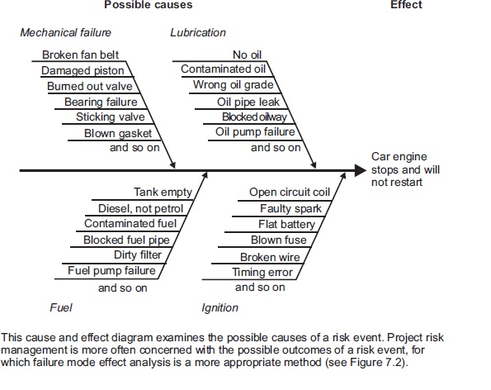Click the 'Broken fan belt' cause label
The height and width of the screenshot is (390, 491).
point(81,55)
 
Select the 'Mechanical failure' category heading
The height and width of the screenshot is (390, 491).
point(65,32)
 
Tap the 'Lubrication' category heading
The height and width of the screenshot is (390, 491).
point(198,32)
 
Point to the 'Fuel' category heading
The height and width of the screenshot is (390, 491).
point(61,307)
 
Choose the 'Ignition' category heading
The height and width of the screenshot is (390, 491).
point(220,307)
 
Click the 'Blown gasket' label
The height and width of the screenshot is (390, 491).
point(118,134)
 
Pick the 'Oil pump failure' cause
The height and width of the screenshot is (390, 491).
point(255,132)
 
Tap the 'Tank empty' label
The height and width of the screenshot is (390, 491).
point(163,193)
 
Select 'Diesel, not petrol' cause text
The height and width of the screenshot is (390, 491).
point(140,208)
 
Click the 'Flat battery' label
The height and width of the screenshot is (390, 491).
point(286,225)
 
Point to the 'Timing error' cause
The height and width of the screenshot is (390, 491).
point(262,272)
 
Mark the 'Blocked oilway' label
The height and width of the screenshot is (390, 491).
point(254,117)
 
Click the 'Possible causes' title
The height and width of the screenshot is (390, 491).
point(148,5)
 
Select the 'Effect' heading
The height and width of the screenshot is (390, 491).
point(406,5)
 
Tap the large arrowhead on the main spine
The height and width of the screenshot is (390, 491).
point(361,170)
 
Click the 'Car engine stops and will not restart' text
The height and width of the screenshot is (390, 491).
point(405,169)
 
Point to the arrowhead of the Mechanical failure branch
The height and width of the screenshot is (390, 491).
point(172,165)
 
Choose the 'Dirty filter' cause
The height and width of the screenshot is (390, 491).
point(138,254)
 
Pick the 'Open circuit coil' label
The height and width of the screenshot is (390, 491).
point(290,193)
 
